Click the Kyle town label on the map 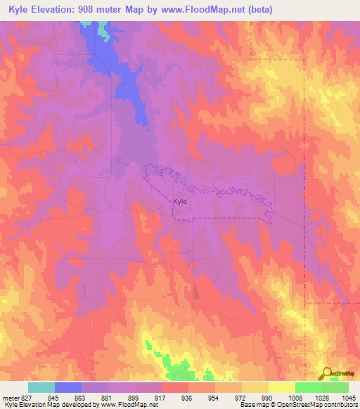pyautogui.click(x=180, y=202)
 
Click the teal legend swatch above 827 pyautogui.click(x=41, y=388)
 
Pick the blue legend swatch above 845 pyautogui.click(x=68, y=388)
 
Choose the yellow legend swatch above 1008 pyautogui.click(x=281, y=388)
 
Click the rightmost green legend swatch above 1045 pyautogui.click(x=335, y=388)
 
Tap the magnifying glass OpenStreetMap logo pyautogui.click(x=326, y=373)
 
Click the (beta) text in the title pyautogui.click(x=257, y=10)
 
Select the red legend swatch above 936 pyautogui.click(x=175, y=388)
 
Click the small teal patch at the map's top pyautogui.click(x=103, y=30)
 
